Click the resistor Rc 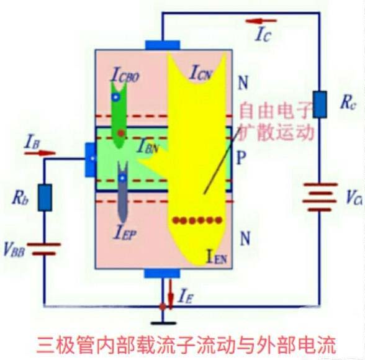(x=319, y=104)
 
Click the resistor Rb (x=45, y=197)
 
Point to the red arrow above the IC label (x=260, y=22)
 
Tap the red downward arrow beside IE (x=171, y=290)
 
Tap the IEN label (x=219, y=254)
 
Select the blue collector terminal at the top (x=163, y=45)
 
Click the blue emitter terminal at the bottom (x=162, y=274)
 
